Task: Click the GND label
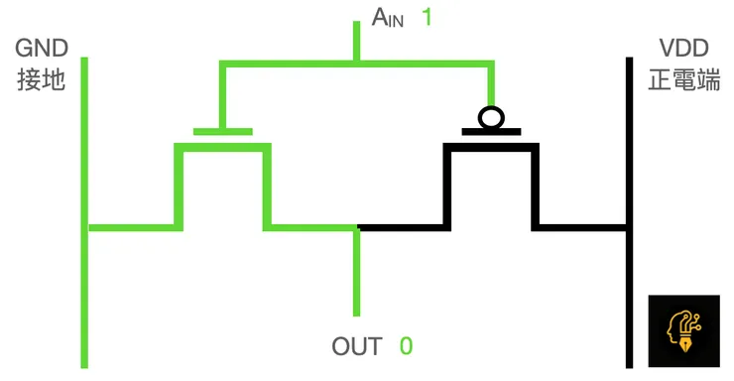[x=41, y=48]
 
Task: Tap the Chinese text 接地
[x=41, y=79]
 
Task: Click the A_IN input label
[x=388, y=17]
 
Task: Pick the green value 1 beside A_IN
[x=428, y=17]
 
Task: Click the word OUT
[x=357, y=346]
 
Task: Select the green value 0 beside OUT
[x=406, y=346]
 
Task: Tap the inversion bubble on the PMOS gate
[x=491, y=117]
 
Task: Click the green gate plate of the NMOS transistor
[x=223, y=130]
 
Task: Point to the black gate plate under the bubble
[x=491, y=130]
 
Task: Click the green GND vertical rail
[x=85, y=298]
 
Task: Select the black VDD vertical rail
[x=629, y=298]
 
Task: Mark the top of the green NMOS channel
[x=223, y=147]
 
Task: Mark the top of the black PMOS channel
[x=491, y=147]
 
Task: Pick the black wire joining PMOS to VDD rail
[x=583, y=227]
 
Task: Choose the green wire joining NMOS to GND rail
[x=134, y=227]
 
